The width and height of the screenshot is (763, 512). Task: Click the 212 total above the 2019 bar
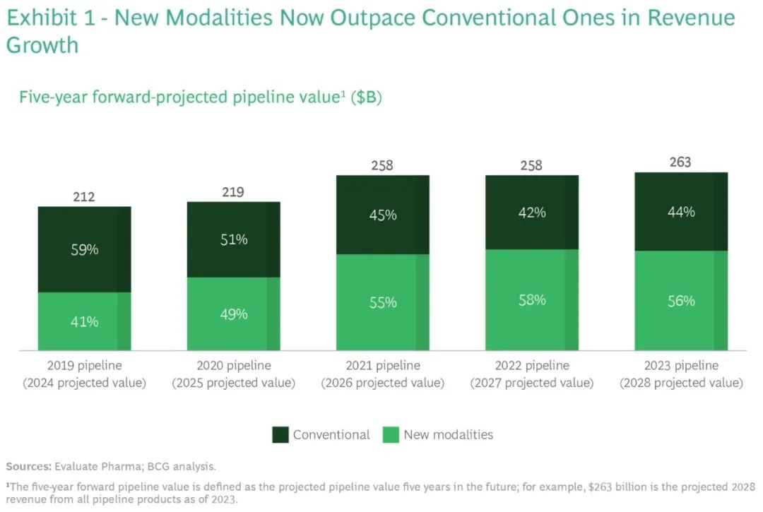84,197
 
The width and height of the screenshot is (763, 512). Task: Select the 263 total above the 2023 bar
681,162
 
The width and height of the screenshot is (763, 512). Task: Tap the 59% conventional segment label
84,249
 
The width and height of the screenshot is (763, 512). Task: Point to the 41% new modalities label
84,322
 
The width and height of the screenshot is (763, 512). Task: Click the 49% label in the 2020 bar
233,314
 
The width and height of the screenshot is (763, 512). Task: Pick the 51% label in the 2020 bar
233,239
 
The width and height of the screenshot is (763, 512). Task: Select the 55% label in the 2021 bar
382,302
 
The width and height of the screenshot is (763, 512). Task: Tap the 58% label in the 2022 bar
531,300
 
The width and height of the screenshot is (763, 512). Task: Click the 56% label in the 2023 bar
681,301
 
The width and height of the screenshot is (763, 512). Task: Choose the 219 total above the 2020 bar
233,192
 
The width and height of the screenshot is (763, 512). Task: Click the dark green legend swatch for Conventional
280,435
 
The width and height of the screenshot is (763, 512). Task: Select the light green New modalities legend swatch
391,435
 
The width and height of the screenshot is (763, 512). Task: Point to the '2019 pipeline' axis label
84,366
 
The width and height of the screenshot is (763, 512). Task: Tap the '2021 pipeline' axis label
382,366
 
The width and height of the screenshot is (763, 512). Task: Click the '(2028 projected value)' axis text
681,383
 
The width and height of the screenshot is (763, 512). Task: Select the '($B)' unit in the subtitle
367,97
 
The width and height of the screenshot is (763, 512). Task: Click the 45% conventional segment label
382,215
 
